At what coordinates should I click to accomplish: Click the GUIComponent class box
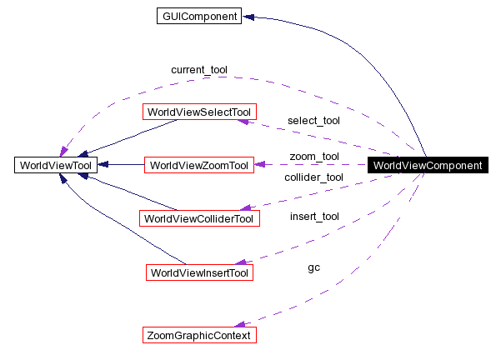click(198, 16)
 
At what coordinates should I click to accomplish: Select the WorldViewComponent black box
click(427, 165)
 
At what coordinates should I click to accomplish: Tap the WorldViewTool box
click(56, 165)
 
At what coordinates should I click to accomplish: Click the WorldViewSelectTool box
click(198, 112)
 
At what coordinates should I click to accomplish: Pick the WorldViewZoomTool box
click(198, 165)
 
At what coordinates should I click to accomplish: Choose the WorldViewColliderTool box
click(198, 218)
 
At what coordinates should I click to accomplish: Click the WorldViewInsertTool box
click(198, 272)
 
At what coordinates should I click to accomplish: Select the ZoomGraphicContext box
click(198, 335)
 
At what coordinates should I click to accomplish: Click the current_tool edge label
click(198, 69)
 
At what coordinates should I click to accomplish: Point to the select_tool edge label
click(313, 120)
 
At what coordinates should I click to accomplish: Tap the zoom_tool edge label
click(313, 156)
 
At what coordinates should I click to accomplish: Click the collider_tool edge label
click(313, 177)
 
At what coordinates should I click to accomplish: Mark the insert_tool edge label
click(313, 217)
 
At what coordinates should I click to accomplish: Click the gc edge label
click(313, 267)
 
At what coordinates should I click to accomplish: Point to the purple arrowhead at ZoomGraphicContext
click(240, 324)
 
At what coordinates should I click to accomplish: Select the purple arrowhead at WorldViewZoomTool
click(259, 165)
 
